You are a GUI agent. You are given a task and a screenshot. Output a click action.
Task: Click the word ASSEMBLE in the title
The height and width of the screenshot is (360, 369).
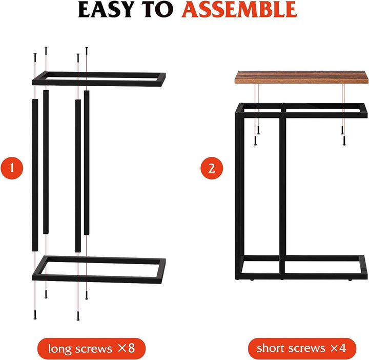click(x=239, y=9)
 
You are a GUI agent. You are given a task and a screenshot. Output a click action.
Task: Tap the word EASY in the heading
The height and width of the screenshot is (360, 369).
click(x=105, y=9)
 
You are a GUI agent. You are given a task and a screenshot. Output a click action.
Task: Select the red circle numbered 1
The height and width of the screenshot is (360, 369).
click(x=12, y=168)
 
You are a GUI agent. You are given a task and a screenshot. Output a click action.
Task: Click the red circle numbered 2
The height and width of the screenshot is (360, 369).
click(x=212, y=168)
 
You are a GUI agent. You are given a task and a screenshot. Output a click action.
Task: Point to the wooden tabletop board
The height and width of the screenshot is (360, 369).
click(x=301, y=77)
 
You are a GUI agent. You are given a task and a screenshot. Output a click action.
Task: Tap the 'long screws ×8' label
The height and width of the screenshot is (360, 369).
click(x=91, y=349)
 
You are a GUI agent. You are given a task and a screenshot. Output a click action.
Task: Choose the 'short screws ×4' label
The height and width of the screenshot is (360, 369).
click(x=302, y=348)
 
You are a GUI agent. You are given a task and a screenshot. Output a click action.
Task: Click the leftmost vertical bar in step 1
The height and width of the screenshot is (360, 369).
click(x=35, y=175)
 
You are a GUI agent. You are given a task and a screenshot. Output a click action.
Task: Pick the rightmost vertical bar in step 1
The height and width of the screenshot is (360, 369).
click(x=87, y=163)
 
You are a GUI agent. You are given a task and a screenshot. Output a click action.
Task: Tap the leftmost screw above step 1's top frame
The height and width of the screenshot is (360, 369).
click(x=35, y=57)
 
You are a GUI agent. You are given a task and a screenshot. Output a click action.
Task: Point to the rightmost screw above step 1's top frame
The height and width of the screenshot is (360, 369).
click(x=87, y=52)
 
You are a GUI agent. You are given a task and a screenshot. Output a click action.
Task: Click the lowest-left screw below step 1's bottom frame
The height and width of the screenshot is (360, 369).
click(x=35, y=315)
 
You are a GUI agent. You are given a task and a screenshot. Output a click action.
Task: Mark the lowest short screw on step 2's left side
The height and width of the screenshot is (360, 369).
click(x=255, y=141)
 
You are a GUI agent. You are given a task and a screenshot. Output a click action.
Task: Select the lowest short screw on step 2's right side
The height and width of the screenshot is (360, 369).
click(x=344, y=141)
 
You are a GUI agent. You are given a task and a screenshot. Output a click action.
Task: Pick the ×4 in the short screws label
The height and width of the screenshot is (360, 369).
click(x=338, y=348)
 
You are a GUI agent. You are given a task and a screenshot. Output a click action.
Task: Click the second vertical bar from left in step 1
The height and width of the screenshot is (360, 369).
click(x=46, y=162)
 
